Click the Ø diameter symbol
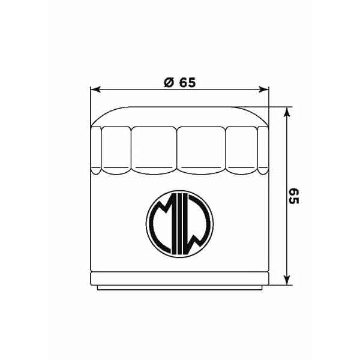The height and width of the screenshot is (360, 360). click(x=169, y=83)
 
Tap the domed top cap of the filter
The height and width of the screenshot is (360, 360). click(x=179, y=116)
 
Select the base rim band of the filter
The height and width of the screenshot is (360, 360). click(x=179, y=278)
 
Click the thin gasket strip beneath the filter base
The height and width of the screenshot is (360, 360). click(x=179, y=288)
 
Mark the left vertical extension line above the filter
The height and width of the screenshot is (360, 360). click(x=90, y=105)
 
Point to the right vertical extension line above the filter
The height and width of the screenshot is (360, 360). click(x=269, y=105)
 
